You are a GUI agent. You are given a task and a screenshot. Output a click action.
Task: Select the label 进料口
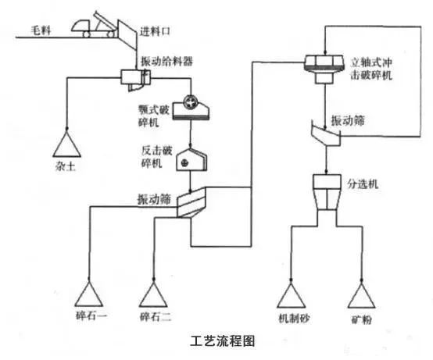tap(155, 32)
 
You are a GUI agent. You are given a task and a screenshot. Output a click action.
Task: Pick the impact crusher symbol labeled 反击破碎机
tap(190, 160)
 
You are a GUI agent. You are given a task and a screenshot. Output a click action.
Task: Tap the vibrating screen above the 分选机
tap(323, 134)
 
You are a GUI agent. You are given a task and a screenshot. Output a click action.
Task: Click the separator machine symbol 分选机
tap(323, 192)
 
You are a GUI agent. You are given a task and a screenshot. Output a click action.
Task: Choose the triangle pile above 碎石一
tap(91, 294)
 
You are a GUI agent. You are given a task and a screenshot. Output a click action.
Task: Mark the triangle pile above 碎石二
tap(154, 294)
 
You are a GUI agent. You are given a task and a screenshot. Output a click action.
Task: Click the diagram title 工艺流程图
tap(222, 341)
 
